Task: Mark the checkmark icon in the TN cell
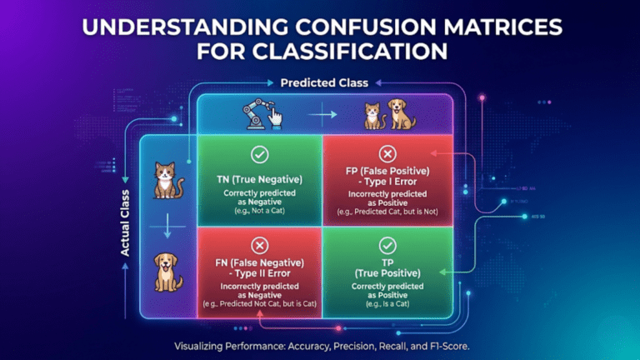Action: click(258, 155)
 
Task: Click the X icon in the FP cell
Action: click(386, 155)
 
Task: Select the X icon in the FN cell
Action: click(258, 246)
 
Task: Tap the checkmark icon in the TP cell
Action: click(386, 246)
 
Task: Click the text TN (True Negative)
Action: click(258, 180)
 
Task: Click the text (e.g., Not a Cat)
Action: click(258, 212)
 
